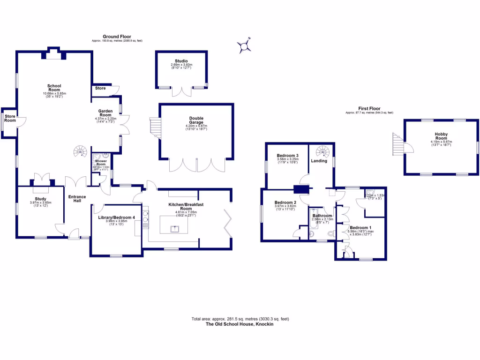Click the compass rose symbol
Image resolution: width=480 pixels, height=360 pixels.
coord(245,46)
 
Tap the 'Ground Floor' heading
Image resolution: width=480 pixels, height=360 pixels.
coord(117,37)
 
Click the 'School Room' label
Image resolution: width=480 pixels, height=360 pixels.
coord(54,88)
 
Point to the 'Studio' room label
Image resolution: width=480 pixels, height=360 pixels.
coord(181,61)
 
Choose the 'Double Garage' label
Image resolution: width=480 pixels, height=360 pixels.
coord(196,120)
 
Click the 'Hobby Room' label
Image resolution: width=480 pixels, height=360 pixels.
coord(441,136)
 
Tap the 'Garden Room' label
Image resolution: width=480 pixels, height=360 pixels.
coord(105,113)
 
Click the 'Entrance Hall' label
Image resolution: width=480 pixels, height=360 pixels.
coord(77,199)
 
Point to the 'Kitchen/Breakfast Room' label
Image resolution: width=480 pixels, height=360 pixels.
coord(187,206)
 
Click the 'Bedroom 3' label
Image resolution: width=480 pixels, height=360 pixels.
coord(288,156)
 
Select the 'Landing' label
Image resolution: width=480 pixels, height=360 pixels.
coord(319,161)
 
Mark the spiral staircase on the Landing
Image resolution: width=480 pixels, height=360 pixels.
coord(323,151)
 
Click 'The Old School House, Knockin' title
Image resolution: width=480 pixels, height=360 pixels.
coord(240,324)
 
